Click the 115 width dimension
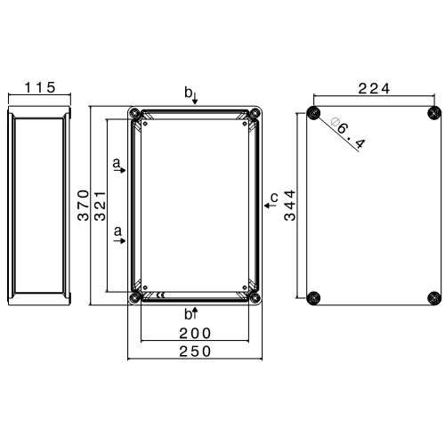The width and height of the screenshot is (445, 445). coord(40,87)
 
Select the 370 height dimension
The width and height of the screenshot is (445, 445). coord(84,206)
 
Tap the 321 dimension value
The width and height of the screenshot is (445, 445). coord(100,206)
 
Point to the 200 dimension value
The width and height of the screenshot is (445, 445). coord(195,334)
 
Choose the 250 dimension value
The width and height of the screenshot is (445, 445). coord(195,352)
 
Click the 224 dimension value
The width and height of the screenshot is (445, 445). coord(374,88)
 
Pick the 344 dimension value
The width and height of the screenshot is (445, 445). coord(290,206)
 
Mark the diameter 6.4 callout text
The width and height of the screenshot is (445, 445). coord(348,133)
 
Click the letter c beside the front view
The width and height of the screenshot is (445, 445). coord(274,198)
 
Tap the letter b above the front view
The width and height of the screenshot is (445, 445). coord(188,93)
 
